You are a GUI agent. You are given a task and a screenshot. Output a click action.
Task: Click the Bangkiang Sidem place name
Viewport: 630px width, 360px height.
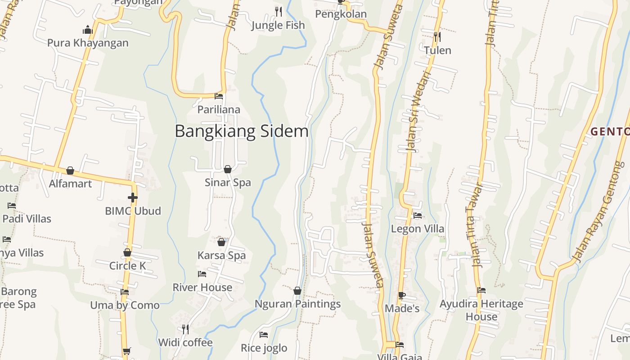pyautogui.click(x=242, y=131)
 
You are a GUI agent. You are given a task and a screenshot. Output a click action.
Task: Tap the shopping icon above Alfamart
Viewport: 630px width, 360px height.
pyautogui.click(x=70, y=171)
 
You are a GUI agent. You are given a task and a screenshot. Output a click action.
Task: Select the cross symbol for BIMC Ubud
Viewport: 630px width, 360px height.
pyautogui.click(x=133, y=197)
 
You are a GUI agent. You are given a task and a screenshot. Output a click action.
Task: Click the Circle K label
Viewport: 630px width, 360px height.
pyautogui.click(x=127, y=265)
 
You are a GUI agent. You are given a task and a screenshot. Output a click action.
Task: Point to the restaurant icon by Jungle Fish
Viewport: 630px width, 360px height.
pyautogui.click(x=279, y=11)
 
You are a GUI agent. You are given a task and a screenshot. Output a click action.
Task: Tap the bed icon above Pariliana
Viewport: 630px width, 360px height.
pyautogui.click(x=219, y=96)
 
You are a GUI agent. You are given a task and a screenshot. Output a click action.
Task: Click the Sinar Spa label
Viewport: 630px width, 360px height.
pyautogui.click(x=228, y=183)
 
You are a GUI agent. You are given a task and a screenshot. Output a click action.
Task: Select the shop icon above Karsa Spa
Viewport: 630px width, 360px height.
pyautogui.click(x=221, y=242)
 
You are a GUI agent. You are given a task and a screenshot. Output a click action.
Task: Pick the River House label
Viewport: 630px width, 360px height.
pyautogui.click(x=202, y=287)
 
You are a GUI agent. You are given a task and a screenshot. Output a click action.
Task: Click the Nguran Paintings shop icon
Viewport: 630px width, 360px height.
pyautogui.click(x=297, y=291)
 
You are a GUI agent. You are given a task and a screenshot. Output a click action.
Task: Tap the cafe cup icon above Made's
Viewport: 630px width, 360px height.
pyautogui.click(x=402, y=295)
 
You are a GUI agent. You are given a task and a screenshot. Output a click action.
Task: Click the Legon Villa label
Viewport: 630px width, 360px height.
pyautogui.click(x=418, y=229)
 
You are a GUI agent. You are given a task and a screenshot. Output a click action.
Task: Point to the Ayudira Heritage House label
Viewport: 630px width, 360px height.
pyautogui.click(x=481, y=310)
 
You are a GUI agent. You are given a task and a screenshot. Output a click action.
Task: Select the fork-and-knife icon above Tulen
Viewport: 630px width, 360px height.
pyautogui.click(x=437, y=37)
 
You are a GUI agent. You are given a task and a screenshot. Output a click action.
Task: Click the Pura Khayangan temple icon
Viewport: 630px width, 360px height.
pyautogui.click(x=88, y=30)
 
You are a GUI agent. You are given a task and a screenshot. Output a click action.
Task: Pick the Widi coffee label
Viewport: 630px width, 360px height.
pyautogui.click(x=185, y=342)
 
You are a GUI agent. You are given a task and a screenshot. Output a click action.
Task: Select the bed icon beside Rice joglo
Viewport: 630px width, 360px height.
pyautogui.click(x=264, y=335)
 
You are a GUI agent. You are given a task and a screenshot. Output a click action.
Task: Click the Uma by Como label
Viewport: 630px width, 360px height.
pyautogui.click(x=125, y=305)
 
